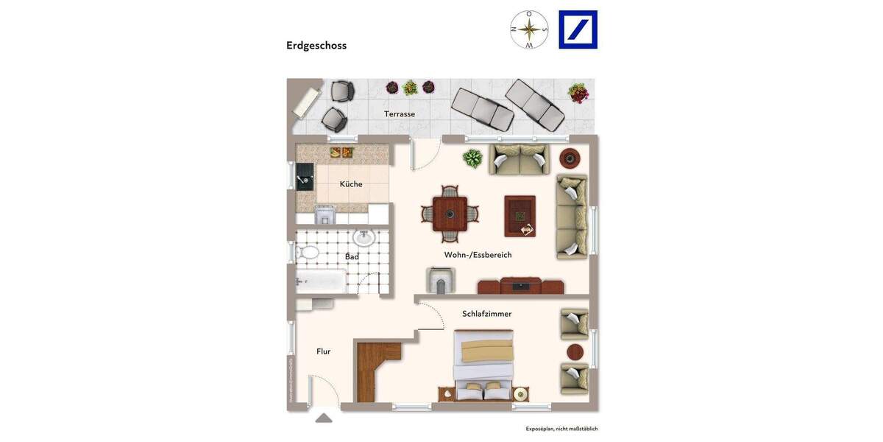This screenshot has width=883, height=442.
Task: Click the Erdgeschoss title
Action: [x=316, y=46]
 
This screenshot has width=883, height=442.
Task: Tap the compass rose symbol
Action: [x=529, y=29]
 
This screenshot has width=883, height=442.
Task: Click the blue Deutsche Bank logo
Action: [x=578, y=29]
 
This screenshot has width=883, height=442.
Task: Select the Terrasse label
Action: [x=400, y=114]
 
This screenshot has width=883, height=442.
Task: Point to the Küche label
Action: [x=351, y=184]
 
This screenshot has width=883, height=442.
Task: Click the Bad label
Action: [x=352, y=256]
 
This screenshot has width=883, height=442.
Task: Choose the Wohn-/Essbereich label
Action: [x=478, y=255]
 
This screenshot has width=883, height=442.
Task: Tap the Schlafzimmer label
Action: [x=486, y=314]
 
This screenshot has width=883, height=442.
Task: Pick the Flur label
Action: [x=324, y=351]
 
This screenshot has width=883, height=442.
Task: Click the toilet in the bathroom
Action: [x=308, y=253]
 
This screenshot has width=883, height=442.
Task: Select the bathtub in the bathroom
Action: [x=321, y=281]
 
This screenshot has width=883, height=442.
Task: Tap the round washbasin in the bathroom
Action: [x=364, y=237]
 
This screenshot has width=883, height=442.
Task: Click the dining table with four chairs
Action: [x=450, y=214]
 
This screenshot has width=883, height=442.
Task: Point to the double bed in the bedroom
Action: [x=483, y=365]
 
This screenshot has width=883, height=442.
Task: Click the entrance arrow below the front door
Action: [x=324, y=418]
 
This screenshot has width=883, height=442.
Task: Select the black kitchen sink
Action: [x=305, y=178]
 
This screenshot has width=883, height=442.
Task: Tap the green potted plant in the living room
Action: [x=472, y=158]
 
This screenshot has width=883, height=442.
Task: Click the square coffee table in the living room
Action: [x=519, y=216]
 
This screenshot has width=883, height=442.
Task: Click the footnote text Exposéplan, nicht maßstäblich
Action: [x=561, y=429]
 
